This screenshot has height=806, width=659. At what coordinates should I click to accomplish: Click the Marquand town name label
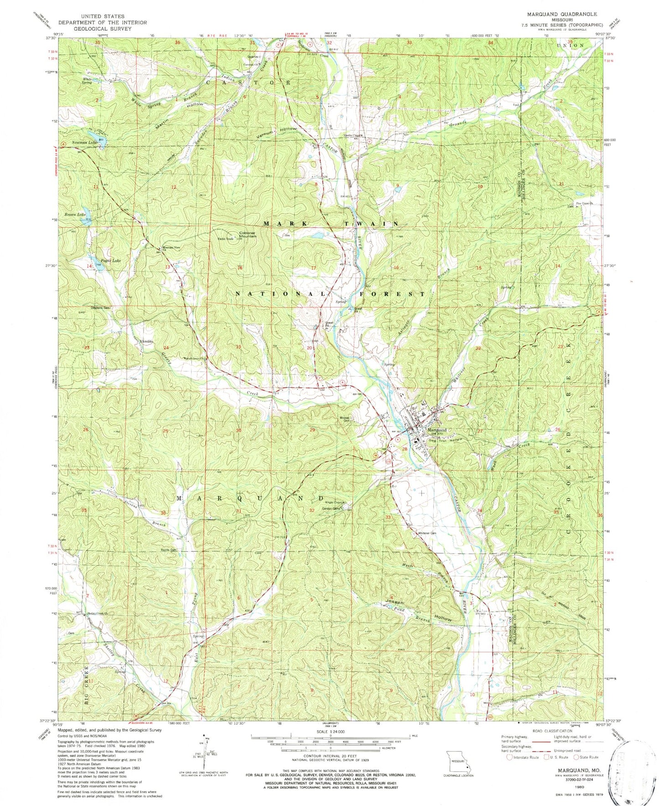pos(436,430)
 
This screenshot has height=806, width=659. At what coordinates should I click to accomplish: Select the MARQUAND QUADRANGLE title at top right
pos(564,14)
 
